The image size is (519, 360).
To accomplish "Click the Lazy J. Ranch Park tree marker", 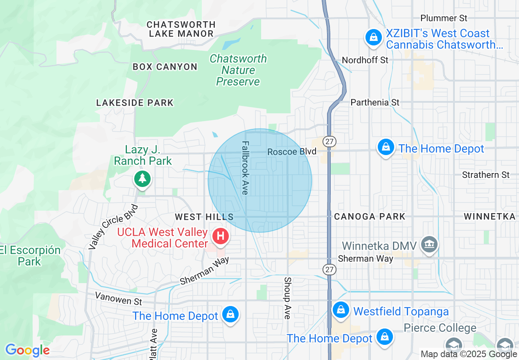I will (142, 179).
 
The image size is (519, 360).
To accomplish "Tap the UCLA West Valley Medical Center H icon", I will (221, 236).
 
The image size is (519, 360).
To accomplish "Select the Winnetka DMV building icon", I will (429, 245).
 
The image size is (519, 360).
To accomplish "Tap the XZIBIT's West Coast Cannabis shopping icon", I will (373, 38).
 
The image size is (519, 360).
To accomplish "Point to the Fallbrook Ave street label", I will (245, 168).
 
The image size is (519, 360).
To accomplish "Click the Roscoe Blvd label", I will (292, 152).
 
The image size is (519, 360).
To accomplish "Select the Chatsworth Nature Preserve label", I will (238, 70).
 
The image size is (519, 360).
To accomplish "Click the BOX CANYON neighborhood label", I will (165, 67).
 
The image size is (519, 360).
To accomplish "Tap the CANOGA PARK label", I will (370, 216).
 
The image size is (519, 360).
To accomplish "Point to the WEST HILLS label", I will (204, 217).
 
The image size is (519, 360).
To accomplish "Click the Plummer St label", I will (444, 18).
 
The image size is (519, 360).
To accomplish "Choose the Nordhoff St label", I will (365, 60).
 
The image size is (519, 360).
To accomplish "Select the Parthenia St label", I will (375, 102).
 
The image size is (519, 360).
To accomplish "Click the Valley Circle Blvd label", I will (114, 227).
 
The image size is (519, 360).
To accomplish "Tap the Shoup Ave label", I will (287, 298).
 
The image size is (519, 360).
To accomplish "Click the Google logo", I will (27, 350).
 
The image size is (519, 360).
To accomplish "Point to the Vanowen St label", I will (118, 298).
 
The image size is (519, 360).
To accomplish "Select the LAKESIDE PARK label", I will (135, 103).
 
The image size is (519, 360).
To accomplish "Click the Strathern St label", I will (485, 175).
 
